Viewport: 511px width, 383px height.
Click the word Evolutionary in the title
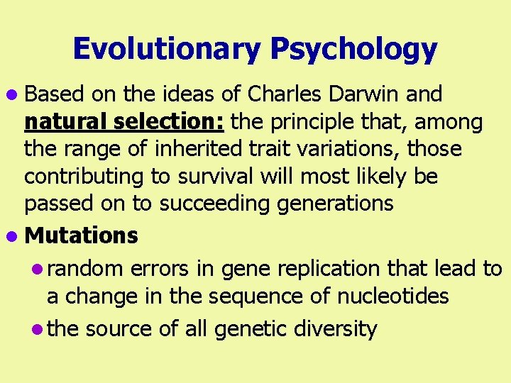[x=167, y=49]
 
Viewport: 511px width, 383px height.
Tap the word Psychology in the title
[x=353, y=49]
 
